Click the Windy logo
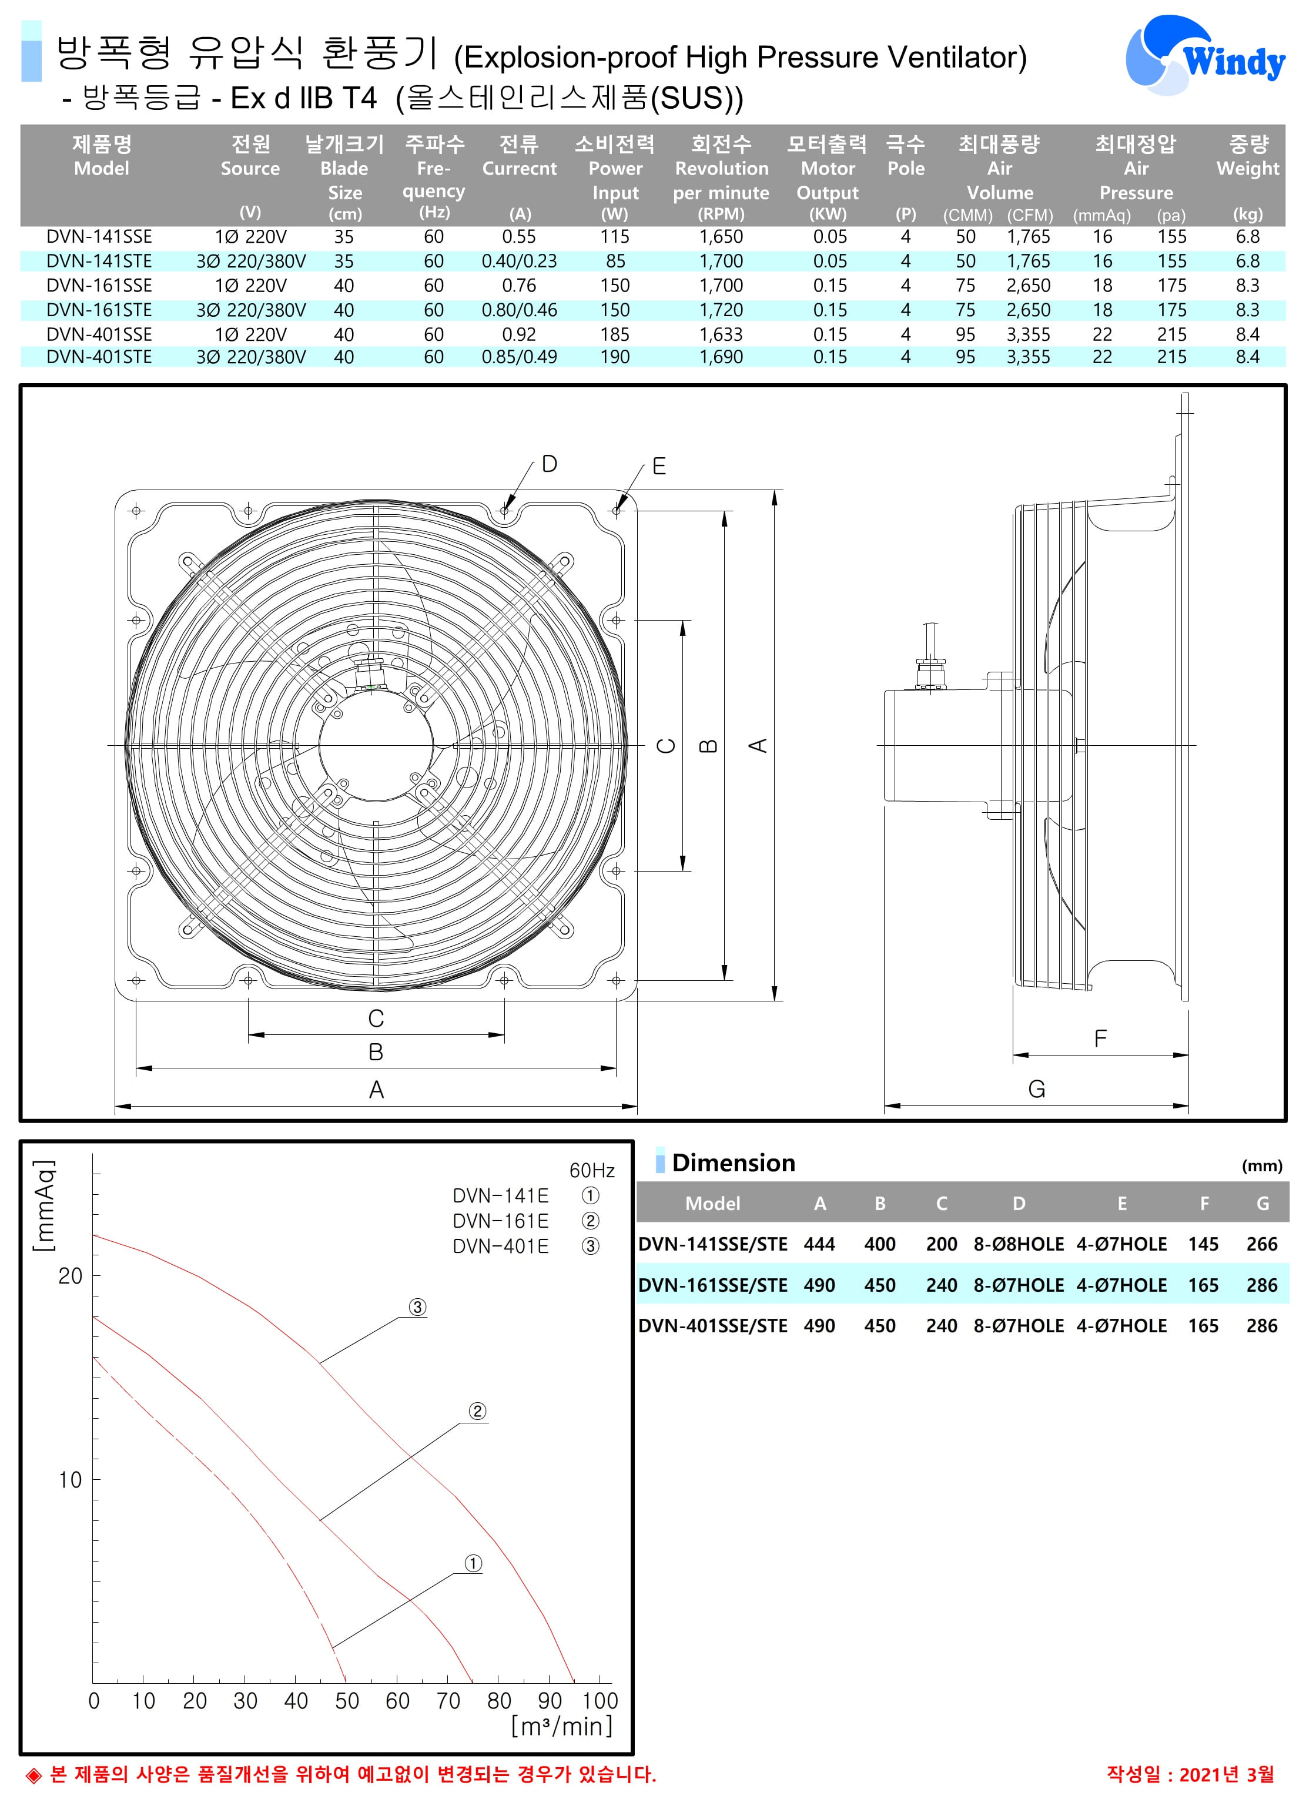click(1205, 53)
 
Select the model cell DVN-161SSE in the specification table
click(99, 286)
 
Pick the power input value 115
click(615, 237)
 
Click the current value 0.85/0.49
click(520, 357)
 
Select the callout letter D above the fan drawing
click(549, 464)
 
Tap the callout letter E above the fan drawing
click(659, 467)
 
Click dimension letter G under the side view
click(1036, 1090)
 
